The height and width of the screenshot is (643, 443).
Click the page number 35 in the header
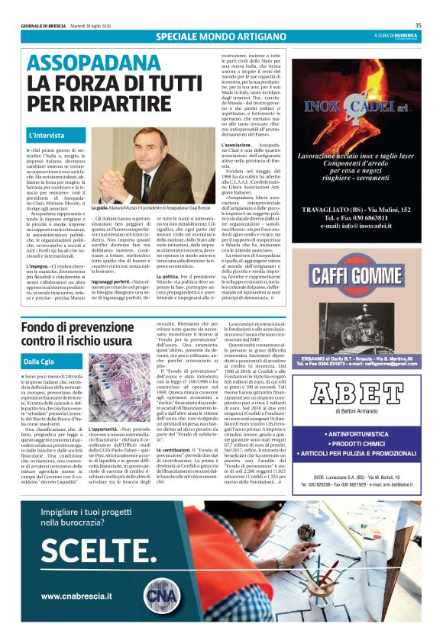(x=418, y=24)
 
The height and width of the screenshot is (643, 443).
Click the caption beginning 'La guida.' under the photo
(x=153, y=207)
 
